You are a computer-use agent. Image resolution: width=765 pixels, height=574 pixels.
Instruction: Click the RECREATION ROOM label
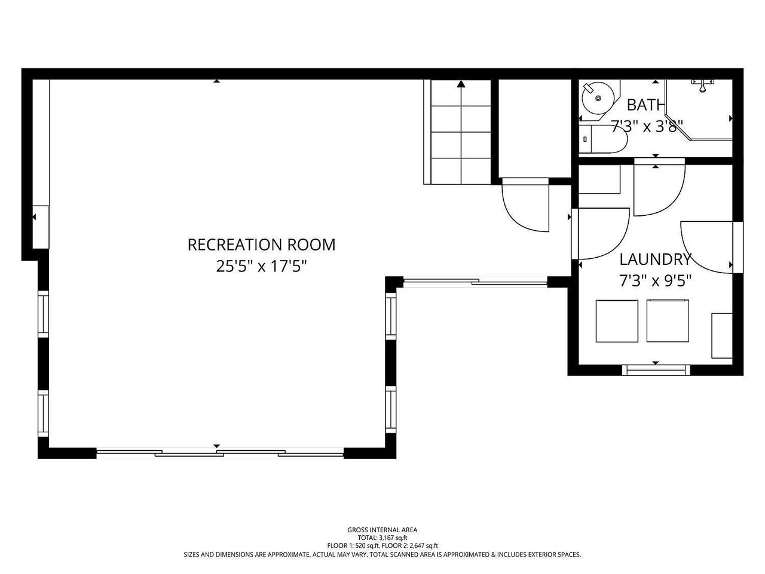261,245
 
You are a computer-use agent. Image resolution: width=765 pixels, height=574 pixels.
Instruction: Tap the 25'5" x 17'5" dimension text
261,267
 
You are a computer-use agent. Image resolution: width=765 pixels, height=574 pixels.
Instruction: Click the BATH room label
645,105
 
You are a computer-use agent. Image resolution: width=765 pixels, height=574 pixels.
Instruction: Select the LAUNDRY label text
655,259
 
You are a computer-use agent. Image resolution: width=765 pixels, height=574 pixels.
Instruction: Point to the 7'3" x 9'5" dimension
655,280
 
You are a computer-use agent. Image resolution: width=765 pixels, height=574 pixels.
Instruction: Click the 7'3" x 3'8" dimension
647,127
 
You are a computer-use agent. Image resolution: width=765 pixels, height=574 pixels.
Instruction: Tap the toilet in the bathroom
603,139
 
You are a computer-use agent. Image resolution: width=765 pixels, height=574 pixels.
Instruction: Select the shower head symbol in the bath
703,85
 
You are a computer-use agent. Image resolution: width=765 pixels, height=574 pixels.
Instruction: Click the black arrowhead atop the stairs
461,84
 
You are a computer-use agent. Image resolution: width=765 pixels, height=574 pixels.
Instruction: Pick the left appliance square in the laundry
617,321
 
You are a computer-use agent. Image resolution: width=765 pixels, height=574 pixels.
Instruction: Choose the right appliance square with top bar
668,320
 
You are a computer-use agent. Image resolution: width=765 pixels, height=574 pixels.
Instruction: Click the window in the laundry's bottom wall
656,370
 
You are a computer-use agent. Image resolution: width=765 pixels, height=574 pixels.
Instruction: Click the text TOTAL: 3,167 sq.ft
382,538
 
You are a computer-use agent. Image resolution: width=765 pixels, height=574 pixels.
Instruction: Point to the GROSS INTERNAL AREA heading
382,530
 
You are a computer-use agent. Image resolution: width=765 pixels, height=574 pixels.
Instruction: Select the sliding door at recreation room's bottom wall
220,453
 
